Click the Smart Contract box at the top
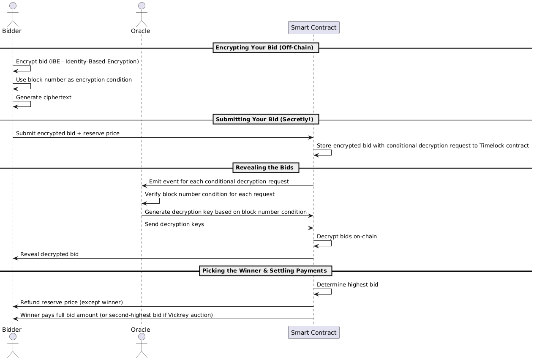[x=313, y=28]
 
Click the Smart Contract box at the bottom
[x=313, y=333]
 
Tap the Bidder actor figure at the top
[x=12, y=15]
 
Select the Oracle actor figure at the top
[x=141, y=15]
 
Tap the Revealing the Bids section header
[x=265, y=168]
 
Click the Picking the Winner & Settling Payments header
[x=265, y=270]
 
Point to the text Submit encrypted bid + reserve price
[x=68, y=134]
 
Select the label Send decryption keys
[x=174, y=224]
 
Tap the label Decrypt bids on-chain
[x=346, y=237]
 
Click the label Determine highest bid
[x=347, y=285]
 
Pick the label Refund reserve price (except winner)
[x=71, y=303]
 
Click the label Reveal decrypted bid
[x=49, y=254]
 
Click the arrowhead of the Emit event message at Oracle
[x=144, y=186]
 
